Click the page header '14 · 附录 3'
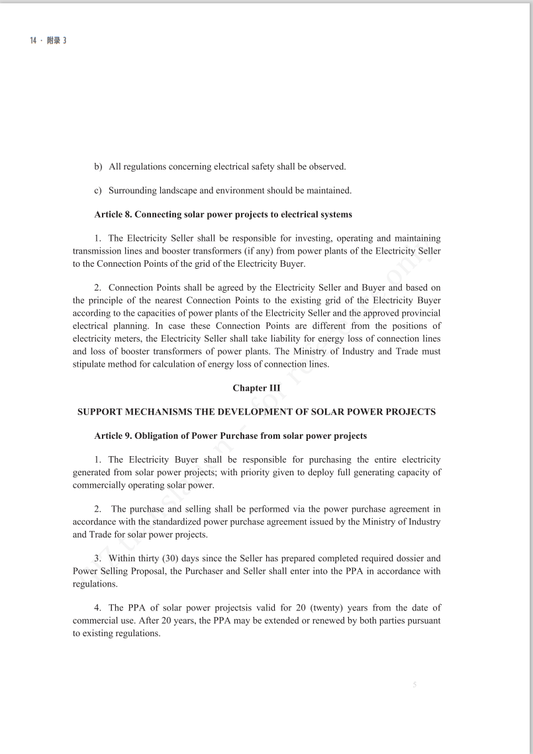[48, 40]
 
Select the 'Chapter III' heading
[256, 388]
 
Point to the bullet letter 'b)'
[98, 166]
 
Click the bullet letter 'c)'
[98, 191]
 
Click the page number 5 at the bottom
[414, 685]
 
